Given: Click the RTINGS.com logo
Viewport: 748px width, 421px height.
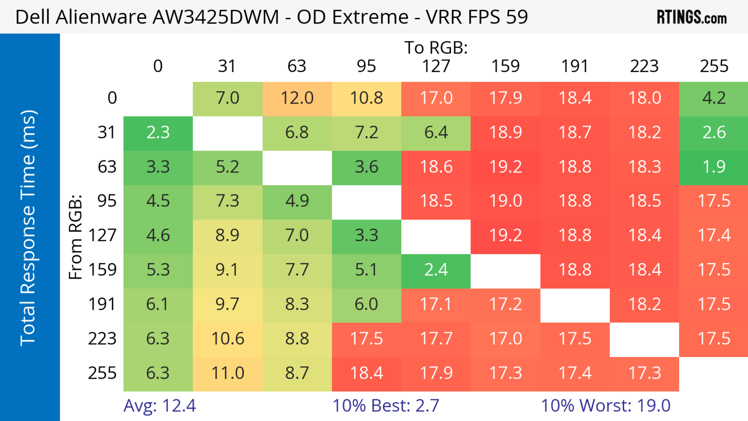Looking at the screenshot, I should [x=692, y=17].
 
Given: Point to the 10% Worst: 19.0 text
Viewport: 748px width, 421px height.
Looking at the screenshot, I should [x=605, y=406].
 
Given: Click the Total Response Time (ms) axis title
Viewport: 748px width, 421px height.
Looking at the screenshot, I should [x=28, y=228].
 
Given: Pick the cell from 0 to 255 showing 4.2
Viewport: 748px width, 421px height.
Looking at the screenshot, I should [x=714, y=98].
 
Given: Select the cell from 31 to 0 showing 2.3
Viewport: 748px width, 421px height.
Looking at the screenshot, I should [x=158, y=133].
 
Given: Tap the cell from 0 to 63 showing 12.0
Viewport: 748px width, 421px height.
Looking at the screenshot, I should [x=297, y=98].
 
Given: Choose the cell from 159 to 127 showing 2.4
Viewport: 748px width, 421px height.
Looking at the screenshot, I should [x=436, y=270].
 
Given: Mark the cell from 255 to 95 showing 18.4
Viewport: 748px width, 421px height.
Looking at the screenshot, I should [x=366, y=373].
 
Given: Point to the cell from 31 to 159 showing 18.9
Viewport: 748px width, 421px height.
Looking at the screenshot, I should [x=505, y=133].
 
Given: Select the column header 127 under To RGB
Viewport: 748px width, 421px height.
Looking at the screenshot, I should [x=436, y=66].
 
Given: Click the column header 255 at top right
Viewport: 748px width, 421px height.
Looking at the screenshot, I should [x=714, y=66].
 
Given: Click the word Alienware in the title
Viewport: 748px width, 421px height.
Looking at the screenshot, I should [x=101, y=17].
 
